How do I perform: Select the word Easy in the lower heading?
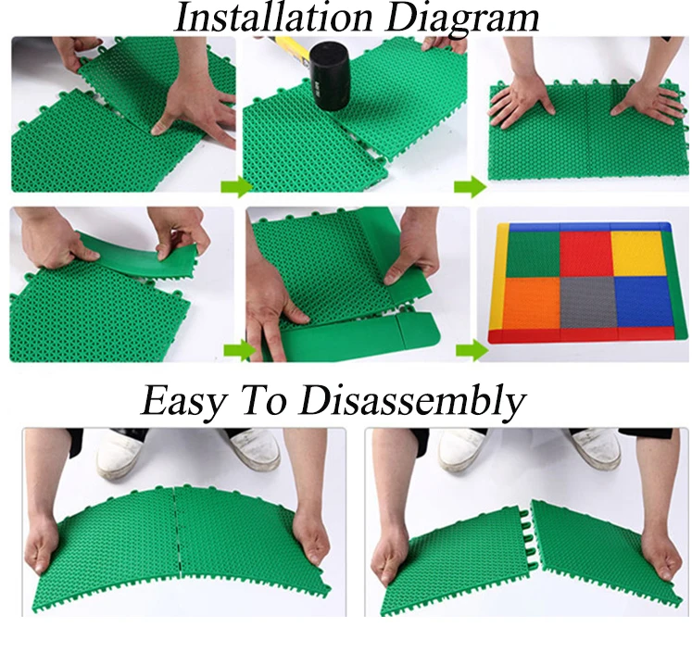pos(182,401)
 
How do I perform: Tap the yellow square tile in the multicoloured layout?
pos(639,253)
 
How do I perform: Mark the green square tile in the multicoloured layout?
pos(532,253)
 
